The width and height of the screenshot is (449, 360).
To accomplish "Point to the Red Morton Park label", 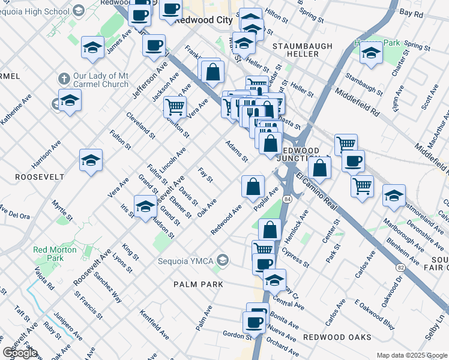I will (48, 253).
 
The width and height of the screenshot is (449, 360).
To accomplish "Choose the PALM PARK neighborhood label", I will (198, 284).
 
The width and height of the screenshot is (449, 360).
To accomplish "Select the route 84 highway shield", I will (288, 199).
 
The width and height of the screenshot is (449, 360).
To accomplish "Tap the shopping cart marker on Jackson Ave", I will (175, 107).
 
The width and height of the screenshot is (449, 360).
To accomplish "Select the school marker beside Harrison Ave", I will (91, 160).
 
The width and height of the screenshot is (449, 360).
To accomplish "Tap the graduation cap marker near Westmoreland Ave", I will (394, 196).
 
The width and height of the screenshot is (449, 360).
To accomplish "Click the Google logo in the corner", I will (20, 353).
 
